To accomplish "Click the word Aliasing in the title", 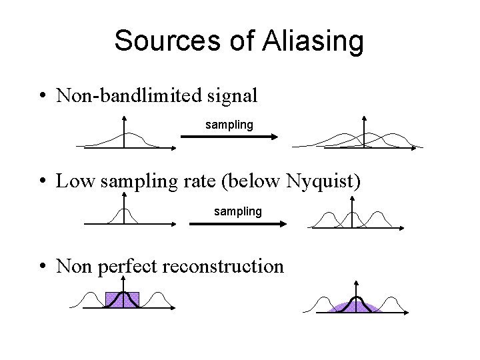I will pyautogui.click(x=313, y=41).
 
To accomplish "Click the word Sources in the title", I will pyautogui.click(x=167, y=41).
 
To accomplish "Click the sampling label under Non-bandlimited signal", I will pyautogui.click(x=229, y=125).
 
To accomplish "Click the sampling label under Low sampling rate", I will pyautogui.click(x=237, y=211).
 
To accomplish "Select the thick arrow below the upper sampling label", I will pyautogui.click(x=229, y=137).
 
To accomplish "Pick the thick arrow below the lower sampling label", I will pyautogui.click(x=237, y=224).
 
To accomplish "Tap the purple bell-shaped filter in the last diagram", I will pyautogui.click(x=357, y=307).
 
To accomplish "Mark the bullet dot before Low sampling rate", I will pyautogui.click(x=43, y=182).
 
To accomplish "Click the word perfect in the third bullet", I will pyautogui.click(x=127, y=267).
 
